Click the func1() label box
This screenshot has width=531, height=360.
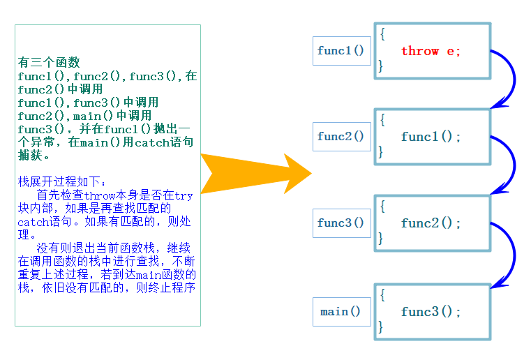pyautogui.click(x=341, y=51)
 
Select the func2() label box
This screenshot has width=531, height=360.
pyautogui.click(x=341, y=137)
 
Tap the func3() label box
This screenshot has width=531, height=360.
pyautogui.click(x=341, y=223)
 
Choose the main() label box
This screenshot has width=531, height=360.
pyautogui.click(x=341, y=312)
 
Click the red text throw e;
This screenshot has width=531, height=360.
pyautogui.click(x=431, y=51)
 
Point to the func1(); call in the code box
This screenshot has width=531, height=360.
pyautogui.click(x=431, y=137)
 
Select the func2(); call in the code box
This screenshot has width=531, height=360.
pyautogui.click(x=431, y=223)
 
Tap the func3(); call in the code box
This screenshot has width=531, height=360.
pyautogui.click(x=431, y=312)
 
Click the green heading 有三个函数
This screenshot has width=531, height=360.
pyautogui.click(x=49, y=62)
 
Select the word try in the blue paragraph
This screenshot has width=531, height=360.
pyautogui.click(x=184, y=195)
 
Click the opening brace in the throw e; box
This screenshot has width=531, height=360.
pyautogui.click(x=382, y=34)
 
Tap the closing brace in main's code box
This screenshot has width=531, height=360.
pyautogui.click(x=381, y=326)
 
